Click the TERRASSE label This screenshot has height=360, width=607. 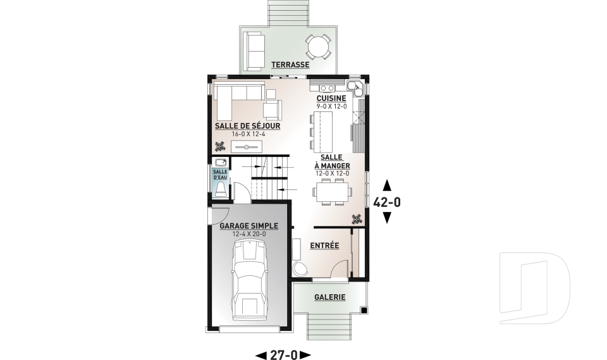tap(290, 65)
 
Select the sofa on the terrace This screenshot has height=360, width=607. tap(255, 51)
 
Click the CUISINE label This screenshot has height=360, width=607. tap(331, 99)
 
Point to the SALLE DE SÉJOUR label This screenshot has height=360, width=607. tap(248, 126)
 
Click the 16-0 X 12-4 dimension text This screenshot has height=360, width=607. tap(248, 134)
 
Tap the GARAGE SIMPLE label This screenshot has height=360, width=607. tap(249, 226)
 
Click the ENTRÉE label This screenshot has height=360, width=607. tap(324, 245)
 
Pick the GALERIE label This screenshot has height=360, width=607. tap(330, 297)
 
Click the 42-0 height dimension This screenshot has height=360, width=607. tap(387, 202)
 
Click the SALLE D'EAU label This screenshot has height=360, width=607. tap(220, 175)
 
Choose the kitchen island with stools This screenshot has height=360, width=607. tap(321, 132)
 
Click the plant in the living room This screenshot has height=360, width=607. tap(220, 146)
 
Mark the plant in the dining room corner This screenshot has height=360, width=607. tap(357, 220)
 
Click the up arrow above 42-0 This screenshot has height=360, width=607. tap(387, 185)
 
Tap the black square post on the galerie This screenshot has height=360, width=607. tap(364, 309)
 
